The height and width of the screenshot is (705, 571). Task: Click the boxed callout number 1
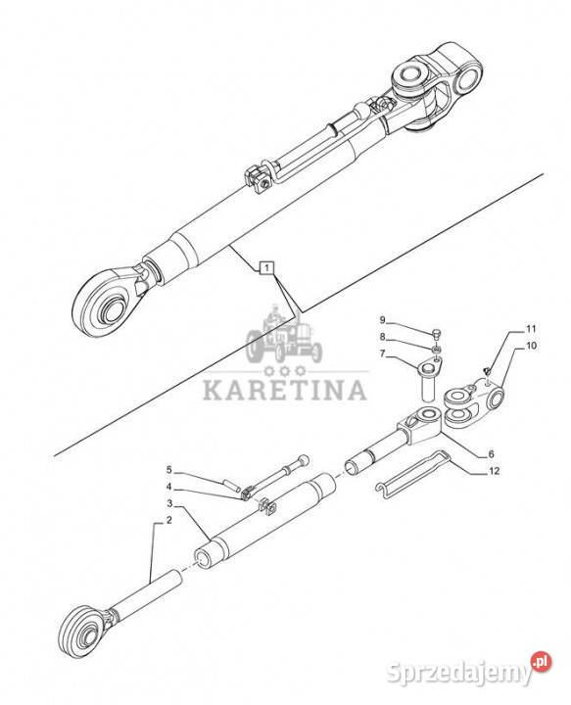[x=266, y=268]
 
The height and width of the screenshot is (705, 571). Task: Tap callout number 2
[x=168, y=521]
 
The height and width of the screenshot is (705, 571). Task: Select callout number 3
[x=169, y=501]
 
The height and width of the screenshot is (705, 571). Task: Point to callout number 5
[x=168, y=470]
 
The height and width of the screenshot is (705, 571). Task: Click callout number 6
[x=492, y=454]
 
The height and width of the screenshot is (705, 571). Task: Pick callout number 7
[x=382, y=353]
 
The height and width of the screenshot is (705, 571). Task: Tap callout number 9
[x=382, y=320]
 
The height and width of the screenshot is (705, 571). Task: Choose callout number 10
[x=532, y=346]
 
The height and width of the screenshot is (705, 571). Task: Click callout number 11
[x=532, y=329]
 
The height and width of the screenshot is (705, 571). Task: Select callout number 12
[x=495, y=471]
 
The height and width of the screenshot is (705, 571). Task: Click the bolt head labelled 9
[x=437, y=333]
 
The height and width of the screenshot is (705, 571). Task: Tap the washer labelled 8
[x=435, y=349]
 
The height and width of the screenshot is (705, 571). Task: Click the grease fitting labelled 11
[x=487, y=370]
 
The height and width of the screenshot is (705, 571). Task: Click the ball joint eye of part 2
[x=85, y=634]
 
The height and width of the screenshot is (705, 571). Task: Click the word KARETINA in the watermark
[x=285, y=390]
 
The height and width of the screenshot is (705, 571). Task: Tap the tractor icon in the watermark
[x=284, y=334]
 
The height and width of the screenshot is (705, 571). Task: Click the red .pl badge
[x=541, y=662]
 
